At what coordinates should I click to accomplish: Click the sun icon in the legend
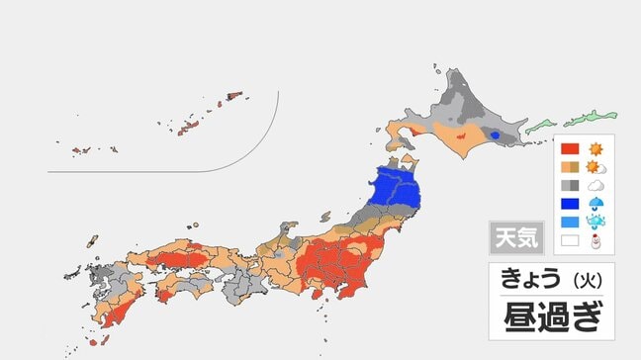595,149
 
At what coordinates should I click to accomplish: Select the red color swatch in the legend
570,149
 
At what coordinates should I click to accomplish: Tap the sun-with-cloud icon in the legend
595,167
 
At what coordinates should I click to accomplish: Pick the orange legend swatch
570,167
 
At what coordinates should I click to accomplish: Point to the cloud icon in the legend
595,185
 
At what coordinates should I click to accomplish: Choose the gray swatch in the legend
570,185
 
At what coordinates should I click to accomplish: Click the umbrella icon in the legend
595,204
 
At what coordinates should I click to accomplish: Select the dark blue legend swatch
570,204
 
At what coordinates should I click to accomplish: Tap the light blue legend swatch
570,222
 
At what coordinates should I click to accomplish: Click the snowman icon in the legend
595,240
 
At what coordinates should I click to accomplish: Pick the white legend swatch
570,240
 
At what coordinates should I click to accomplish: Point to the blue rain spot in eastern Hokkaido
495,135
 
